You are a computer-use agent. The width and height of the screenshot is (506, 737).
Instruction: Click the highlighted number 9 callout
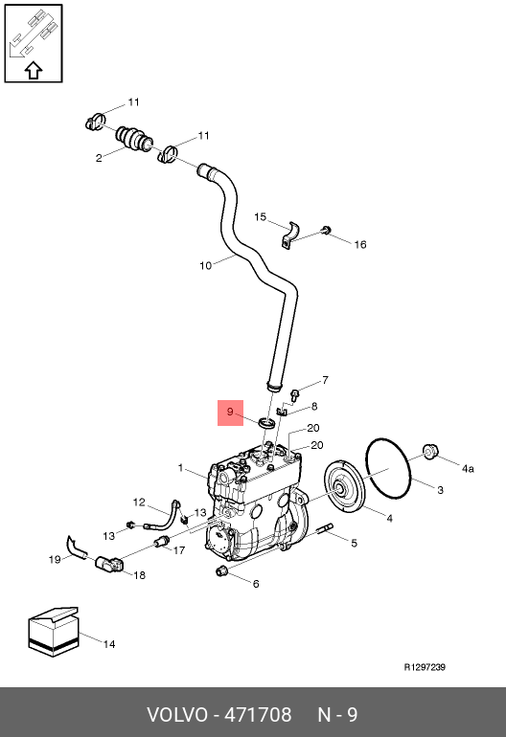point(230,413)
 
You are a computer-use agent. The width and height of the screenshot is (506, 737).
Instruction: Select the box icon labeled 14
point(54,632)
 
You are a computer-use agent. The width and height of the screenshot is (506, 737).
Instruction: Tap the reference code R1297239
point(425,667)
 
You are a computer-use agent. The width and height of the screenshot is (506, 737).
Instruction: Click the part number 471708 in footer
point(258,715)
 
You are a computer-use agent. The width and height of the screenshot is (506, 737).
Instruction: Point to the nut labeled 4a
point(430,451)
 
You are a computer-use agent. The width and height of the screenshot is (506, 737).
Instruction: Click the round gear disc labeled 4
point(344,487)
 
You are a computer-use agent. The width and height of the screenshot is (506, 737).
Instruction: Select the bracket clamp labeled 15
point(291,236)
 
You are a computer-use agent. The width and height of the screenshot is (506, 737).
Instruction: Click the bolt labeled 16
point(326,230)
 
